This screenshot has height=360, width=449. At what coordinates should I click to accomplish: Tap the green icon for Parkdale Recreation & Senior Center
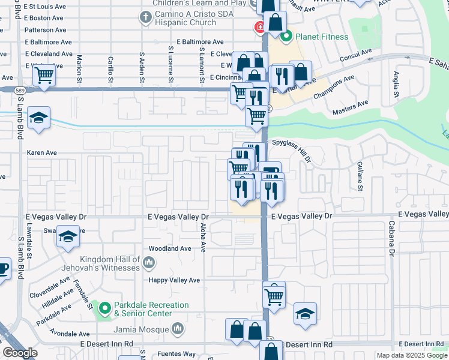105,309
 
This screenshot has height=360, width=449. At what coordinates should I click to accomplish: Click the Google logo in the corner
20,353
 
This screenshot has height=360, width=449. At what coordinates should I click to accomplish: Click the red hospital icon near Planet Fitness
261,27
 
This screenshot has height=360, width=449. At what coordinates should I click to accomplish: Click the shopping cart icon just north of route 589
44,76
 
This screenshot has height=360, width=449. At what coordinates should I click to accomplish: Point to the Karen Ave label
41,152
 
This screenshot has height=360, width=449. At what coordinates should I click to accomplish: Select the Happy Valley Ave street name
174,280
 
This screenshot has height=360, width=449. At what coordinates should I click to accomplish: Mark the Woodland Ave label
170,248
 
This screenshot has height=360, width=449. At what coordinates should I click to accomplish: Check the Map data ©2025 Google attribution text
411,355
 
